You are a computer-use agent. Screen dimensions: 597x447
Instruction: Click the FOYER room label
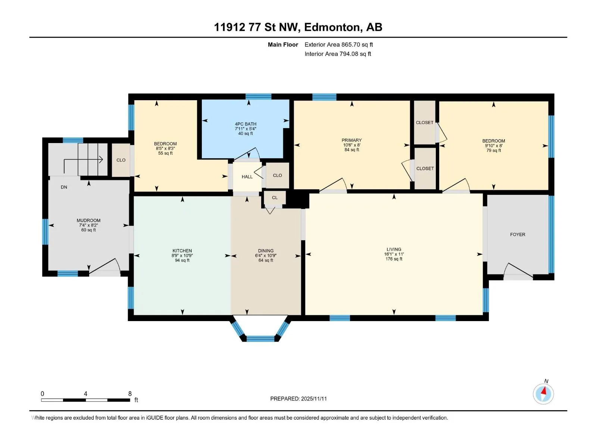[517, 235]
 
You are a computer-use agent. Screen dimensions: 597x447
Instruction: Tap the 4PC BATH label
[246, 124]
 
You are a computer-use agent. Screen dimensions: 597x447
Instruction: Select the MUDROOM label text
[88, 221]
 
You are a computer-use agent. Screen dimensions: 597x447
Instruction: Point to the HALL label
[247, 177]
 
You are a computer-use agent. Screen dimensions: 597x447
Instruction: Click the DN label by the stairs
[64, 187]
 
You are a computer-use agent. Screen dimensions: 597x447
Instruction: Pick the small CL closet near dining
[275, 197]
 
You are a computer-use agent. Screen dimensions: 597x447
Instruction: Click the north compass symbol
[543, 394]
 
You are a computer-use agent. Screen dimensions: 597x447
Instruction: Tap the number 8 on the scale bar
[130, 393]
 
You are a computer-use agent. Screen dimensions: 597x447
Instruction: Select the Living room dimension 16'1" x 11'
[394, 254]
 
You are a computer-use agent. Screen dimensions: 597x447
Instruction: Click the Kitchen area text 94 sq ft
[182, 260]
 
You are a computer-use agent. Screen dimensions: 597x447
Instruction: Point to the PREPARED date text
[298, 399]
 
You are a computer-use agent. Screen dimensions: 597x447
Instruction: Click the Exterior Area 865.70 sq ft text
[339, 44]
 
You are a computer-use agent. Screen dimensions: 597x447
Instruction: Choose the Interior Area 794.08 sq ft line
[338, 54]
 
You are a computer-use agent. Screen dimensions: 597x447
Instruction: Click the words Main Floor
[283, 44]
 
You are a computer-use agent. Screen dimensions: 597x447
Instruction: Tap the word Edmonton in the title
[333, 27]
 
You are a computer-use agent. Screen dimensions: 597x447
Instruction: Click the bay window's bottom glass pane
[260, 339]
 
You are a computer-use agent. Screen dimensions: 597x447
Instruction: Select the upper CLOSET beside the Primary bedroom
[425, 123]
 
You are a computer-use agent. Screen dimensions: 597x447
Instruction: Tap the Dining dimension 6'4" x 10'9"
[266, 256]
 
